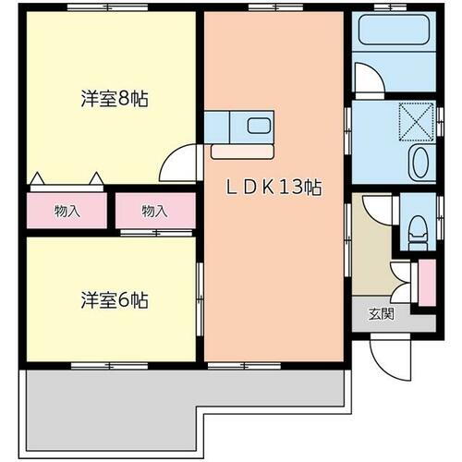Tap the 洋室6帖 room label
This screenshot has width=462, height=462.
click(114, 300)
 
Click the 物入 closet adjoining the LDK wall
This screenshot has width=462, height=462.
click(154, 211)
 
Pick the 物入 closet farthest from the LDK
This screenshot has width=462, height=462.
click(67, 211)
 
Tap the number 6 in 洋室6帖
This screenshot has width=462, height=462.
click(124, 300)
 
